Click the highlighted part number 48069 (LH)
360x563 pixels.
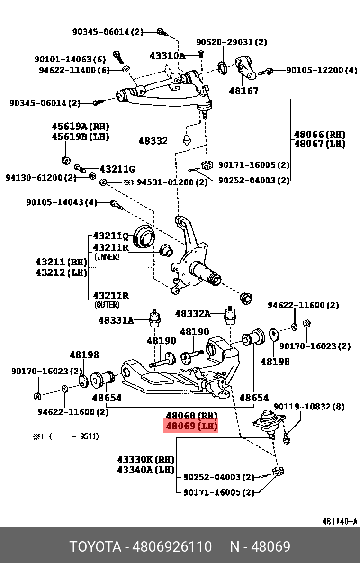(191, 426)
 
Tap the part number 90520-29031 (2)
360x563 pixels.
(231, 42)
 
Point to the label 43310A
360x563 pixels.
(167, 55)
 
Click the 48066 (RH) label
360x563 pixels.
(319, 135)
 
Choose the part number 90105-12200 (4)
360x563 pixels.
(322, 70)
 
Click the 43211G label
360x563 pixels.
(117, 169)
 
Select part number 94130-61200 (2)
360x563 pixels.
(41, 178)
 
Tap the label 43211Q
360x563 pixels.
(111, 236)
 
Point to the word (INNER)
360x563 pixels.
(107, 257)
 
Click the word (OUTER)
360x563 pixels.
(107, 305)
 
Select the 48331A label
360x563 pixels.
(116, 320)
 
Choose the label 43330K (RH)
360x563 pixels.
(146, 460)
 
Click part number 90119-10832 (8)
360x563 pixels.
(309, 407)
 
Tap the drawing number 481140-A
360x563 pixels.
(340, 521)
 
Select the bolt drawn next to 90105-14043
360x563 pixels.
(115, 204)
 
